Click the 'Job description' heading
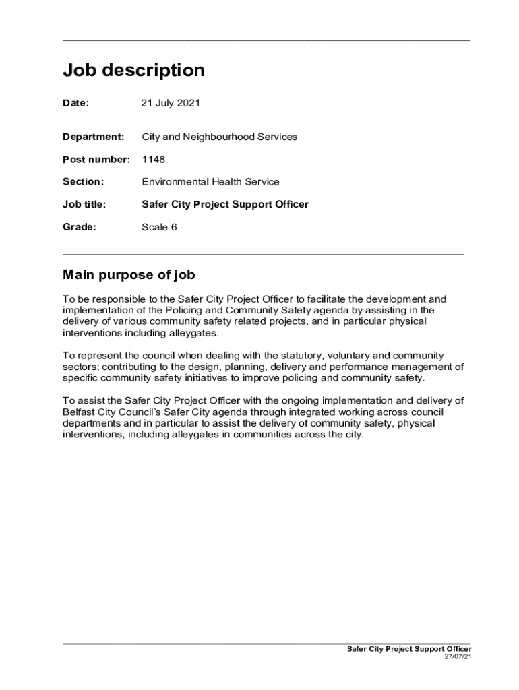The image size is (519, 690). (x=133, y=71)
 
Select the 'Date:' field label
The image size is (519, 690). (x=76, y=103)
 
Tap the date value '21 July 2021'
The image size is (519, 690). (x=171, y=103)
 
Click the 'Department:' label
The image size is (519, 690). (x=94, y=137)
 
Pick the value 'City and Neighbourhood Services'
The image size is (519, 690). (x=219, y=137)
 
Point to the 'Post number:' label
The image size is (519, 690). (x=96, y=160)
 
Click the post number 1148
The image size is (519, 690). (x=153, y=160)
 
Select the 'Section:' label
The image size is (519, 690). (x=84, y=182)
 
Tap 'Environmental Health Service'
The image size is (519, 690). (x=210, y=182)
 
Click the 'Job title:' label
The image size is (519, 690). (x=84, y=204)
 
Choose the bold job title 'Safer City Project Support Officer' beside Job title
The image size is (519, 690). (x=225, y=204)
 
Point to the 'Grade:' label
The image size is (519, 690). (x=80, y=227)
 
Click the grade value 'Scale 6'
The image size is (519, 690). (x=159, y=227)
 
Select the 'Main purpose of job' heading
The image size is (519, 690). (x=129, y=275)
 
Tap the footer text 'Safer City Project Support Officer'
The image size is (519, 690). (x=409, y=648)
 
